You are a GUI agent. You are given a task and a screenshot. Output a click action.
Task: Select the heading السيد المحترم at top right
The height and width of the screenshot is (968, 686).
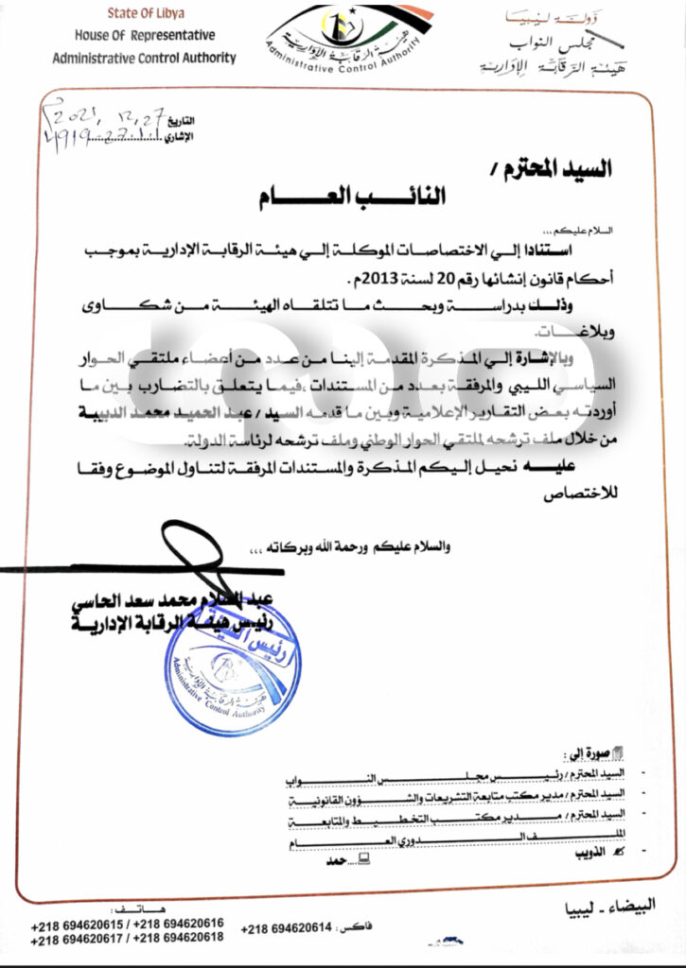(565, 169)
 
